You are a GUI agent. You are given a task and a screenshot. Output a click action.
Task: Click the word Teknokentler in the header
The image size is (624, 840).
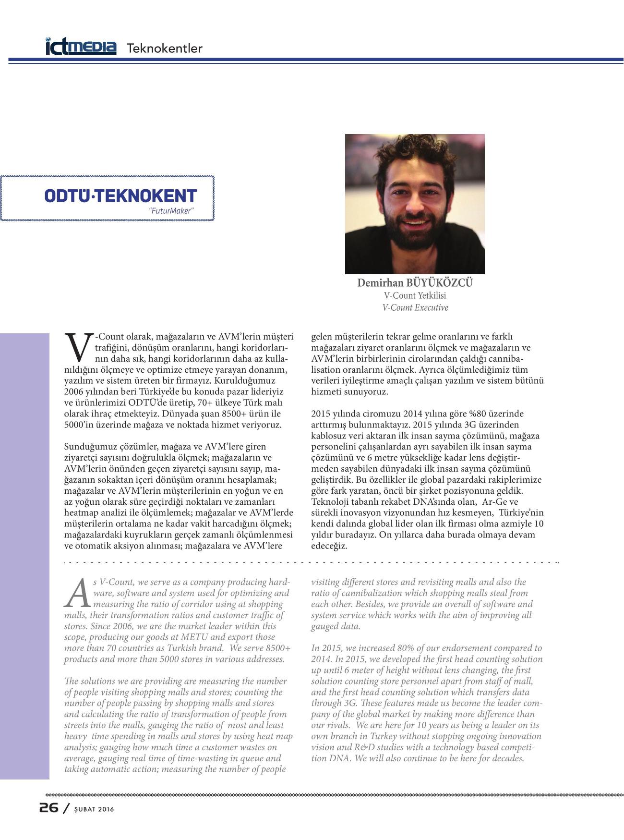(164, 48)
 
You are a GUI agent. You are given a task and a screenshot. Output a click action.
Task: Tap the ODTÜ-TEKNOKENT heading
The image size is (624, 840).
(120, 195)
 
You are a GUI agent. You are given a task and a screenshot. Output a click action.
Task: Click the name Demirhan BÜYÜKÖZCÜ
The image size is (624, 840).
(415, 283)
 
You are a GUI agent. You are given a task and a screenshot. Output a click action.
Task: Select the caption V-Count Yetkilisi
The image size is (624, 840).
(415, 296)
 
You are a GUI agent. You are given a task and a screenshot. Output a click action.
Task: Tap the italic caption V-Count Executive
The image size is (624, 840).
(415, 308)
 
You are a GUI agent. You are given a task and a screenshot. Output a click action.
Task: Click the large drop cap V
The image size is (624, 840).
(78, 347)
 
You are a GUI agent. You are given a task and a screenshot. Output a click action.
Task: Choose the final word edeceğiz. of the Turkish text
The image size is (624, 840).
(329, 546)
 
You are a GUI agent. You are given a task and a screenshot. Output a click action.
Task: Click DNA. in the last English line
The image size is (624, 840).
(341, 758)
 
